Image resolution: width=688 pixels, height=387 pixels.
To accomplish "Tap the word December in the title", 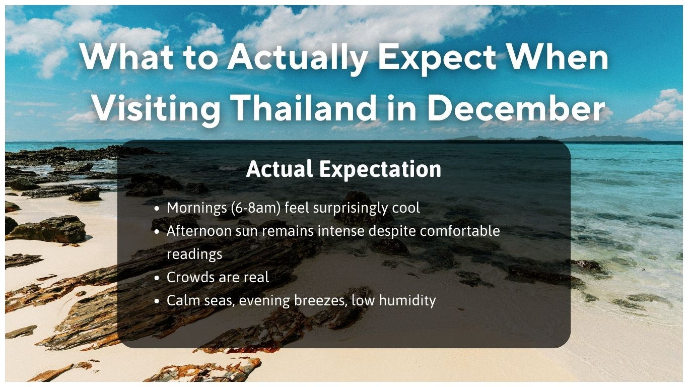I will click(516, 108).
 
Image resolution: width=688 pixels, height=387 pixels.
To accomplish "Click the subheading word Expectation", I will click(380, 169).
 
